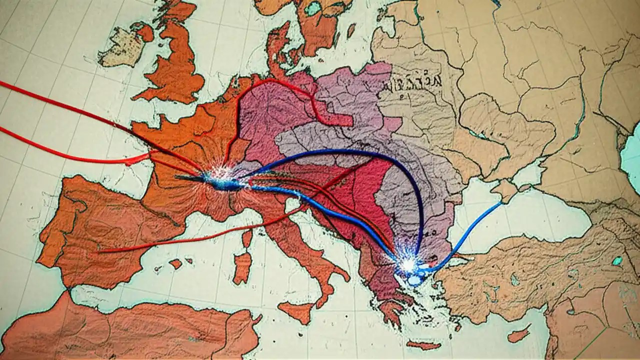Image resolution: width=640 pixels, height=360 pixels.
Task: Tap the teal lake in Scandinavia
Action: pyautogui.click(x=313, y=8)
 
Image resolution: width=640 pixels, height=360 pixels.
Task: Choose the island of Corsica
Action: pyautogui.click(x=247, y=238)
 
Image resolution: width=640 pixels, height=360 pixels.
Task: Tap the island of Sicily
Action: pyautogui.click(x=298, y=312)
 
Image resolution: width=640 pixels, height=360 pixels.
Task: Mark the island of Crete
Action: pyautogui.click(x=423, y=345)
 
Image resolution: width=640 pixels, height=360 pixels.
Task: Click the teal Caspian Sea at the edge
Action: pyautogui.click(x=631, y=150)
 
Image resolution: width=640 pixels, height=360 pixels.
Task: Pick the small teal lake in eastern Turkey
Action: pyautogui.click(x=618, y=260)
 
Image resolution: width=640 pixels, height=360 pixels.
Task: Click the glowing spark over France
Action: pyautogui.click(x=220, y=177)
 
